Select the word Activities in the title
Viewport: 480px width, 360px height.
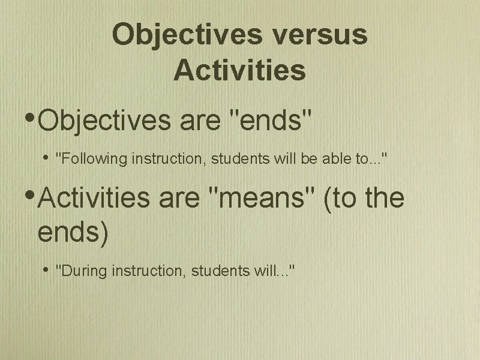tap(239, 70)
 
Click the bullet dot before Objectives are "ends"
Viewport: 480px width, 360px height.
tap(31, 115)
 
